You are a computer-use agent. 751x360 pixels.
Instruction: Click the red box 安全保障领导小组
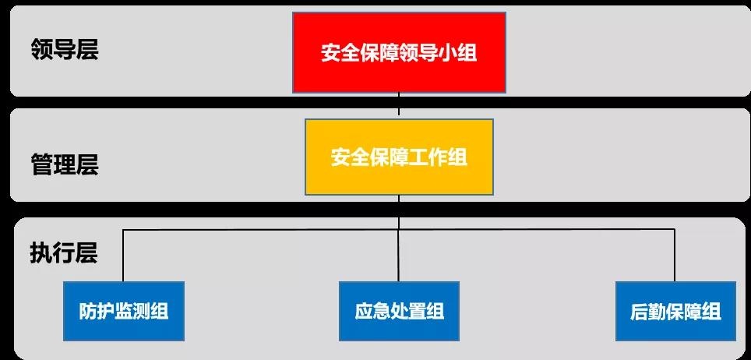click(x=399, y=52)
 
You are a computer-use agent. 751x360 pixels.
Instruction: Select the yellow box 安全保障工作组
click(x=399, y=157)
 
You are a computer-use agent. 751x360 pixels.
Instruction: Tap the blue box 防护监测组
click(x=124, y=311)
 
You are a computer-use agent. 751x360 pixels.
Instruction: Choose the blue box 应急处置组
click(x=399, y=311)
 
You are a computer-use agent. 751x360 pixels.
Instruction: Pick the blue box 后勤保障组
click(x=675, y=311)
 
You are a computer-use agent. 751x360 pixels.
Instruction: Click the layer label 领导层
click(x=65, y=50)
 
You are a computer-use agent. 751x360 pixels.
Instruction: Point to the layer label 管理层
click(x=65, y=164)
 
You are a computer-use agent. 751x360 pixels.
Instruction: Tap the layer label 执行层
click(x=64, y=253)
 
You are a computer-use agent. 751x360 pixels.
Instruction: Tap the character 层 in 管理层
click(x=87, y=164)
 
